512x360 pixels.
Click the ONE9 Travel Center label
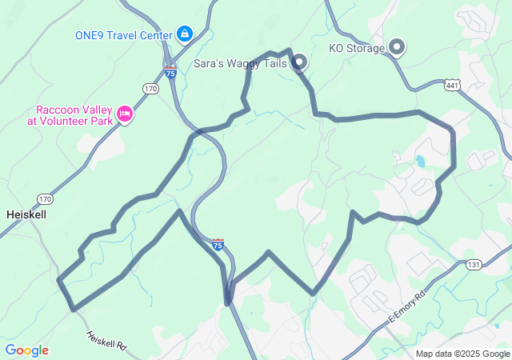[123, 35]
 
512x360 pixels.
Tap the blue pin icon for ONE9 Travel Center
[185, 34]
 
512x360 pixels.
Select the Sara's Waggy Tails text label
[240, 62]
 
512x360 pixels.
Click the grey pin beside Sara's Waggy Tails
[299, 62]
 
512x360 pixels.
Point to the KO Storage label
[357, 48]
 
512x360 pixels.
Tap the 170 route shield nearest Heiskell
[44, 198]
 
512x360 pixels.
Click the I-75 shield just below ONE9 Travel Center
[170, 73]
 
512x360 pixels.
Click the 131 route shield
[474, 265]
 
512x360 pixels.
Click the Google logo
[26, 350]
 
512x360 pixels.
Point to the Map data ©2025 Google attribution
[462, 354]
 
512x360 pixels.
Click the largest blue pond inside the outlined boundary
[420, 161]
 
